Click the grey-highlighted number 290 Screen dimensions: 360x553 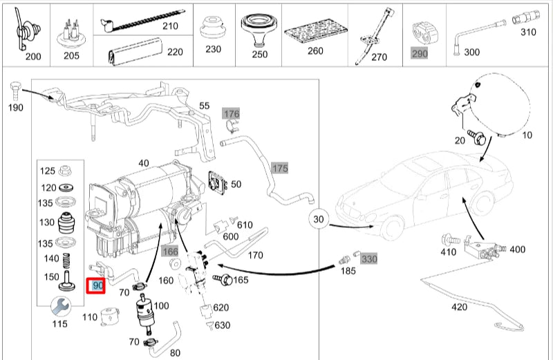[420, 52]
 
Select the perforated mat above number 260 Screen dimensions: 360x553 [314, 31]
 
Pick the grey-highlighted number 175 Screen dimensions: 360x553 [279, 168]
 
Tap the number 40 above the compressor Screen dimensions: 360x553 [143, 163]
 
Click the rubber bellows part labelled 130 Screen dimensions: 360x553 [67, 223]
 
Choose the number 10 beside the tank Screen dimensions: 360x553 [527, 135]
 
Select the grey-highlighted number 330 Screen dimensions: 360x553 [369, 258]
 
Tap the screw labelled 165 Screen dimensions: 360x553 [224, 280]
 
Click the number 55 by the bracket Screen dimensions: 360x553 [204, 106]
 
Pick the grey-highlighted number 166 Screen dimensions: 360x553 [170, 251]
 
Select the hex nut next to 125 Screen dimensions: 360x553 [67, 171]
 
